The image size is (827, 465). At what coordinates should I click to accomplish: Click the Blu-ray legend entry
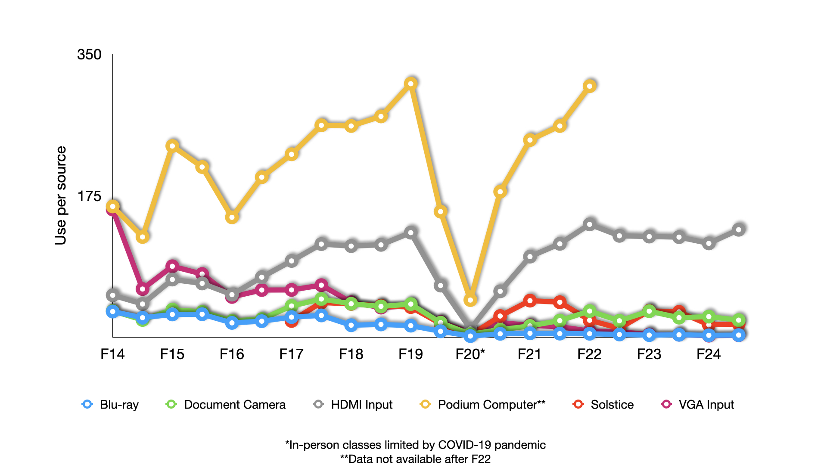point(110,404)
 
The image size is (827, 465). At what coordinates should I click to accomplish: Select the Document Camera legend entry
point(226,404)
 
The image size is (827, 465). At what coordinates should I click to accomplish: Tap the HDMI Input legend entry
point(353,404)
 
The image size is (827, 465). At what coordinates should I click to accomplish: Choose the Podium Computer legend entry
point(482,404)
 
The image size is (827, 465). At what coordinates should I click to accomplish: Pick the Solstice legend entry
point(603,404)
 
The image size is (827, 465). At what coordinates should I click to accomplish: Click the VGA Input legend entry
point(697,404)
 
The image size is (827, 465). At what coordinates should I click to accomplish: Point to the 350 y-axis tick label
point(89,55)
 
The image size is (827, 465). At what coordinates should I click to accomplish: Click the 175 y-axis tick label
point(89,196)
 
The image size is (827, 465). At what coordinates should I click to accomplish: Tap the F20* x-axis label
point(470,354)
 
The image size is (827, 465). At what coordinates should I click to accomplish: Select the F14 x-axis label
point(112,354)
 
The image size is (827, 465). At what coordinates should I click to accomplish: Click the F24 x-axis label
point(709,354)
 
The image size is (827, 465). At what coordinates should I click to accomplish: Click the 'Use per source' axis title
point(61,195)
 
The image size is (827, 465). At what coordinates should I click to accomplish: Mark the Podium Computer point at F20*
point(470,300)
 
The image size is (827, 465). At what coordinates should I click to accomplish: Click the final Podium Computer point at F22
point(590,86)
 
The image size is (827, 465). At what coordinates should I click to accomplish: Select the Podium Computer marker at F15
point(172,146)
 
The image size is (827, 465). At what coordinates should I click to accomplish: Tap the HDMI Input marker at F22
point(590,224)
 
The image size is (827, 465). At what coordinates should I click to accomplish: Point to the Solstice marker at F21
point(530,301)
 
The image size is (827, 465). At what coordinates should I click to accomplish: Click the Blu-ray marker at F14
point(113,311)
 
